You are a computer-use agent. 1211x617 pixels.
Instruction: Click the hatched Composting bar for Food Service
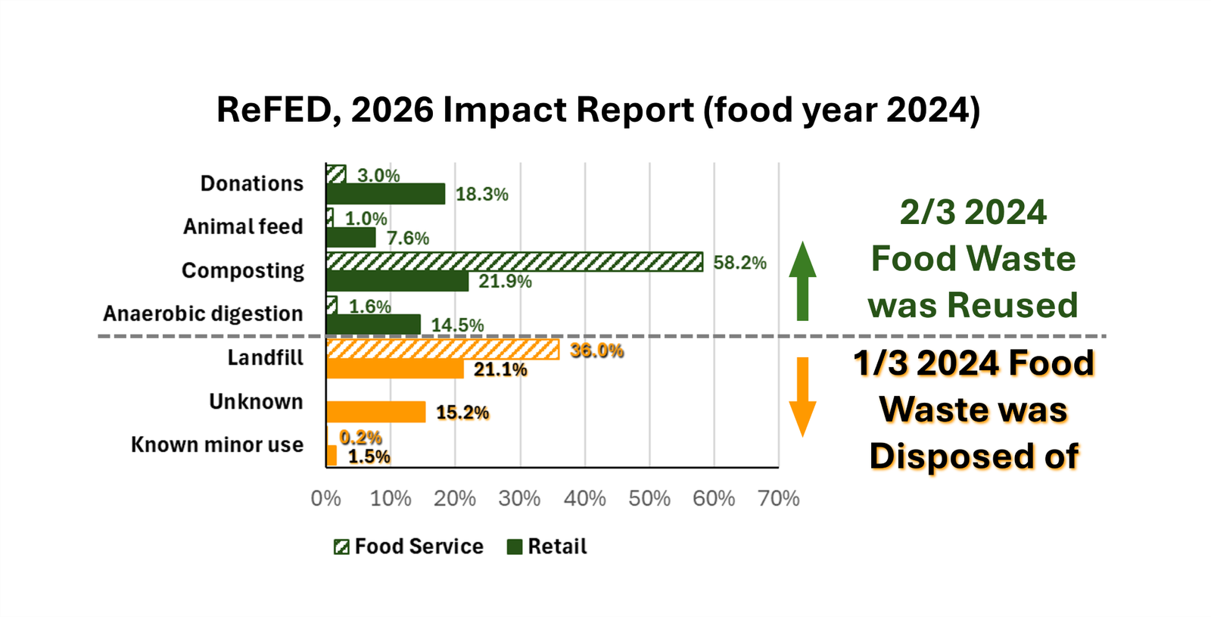coord(515,262)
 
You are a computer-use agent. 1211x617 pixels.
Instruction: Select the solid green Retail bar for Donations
coord(385,194)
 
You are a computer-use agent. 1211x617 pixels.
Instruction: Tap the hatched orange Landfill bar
coord(443,350)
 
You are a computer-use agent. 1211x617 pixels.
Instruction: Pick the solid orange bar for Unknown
coord(375,412)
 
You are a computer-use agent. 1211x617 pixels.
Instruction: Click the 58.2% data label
coord(739,263)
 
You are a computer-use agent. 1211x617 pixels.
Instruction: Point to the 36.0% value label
coord(596,351)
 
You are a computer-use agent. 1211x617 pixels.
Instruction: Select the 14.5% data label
coord(457,325)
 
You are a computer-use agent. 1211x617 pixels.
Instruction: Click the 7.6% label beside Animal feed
coord(408,238)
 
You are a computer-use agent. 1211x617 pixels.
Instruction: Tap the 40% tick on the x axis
coord(585,498)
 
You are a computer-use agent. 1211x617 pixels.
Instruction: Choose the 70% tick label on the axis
coord(779,498)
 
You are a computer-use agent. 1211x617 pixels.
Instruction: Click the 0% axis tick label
coord(325,498)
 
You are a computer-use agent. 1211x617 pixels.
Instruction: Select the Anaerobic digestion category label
coord(203,313)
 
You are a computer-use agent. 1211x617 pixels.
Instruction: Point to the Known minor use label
coord(217,444)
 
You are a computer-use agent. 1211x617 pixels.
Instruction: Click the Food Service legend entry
coord(409,547)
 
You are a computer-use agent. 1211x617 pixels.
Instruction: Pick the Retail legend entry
coord(547,547)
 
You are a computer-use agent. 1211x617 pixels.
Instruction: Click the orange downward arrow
coord(802,397)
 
